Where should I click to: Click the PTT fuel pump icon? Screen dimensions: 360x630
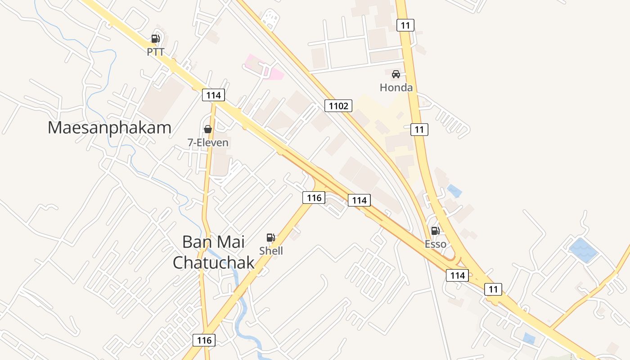155,39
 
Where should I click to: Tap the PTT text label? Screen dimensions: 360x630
155,52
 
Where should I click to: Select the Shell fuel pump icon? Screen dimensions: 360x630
270,238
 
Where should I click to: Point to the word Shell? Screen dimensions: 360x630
271,251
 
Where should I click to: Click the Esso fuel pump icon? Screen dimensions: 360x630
435,231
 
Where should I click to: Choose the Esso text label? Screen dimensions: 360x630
436,244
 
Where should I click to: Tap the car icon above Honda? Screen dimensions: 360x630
396,74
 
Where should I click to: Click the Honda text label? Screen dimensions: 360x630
396,87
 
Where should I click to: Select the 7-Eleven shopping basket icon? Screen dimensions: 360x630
208,130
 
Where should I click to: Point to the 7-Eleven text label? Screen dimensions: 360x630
208,143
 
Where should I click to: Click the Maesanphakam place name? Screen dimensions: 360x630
109,127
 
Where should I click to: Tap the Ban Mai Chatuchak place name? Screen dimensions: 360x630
213,252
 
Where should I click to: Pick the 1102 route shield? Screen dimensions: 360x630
338,106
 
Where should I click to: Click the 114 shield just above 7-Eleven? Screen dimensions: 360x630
213,95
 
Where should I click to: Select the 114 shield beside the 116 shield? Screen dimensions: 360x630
359,200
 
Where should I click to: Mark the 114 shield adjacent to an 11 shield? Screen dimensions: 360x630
457,275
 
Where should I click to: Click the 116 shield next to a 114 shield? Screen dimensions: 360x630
314,197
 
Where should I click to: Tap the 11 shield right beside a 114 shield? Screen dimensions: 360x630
493,289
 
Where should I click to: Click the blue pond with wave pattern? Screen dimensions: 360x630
583,250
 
